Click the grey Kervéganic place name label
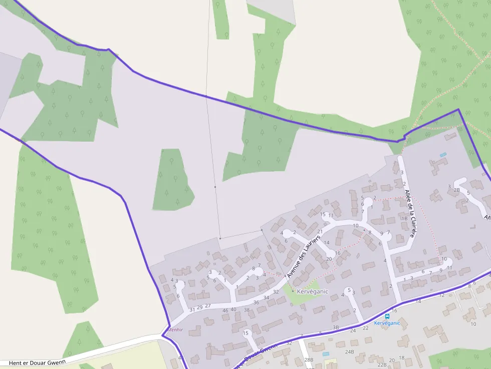[x=312, y=291]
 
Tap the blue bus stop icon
[x=387, y=316]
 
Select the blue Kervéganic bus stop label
[x=387, y=323]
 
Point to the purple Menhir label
[x=175, y=330]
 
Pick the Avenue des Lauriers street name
[x=304, y=257]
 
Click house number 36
[x=256, y=302]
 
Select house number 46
[x=225, y=310]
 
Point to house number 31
[x=192, y=309]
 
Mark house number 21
[x=320, y=231]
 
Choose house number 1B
[x=404, y=218]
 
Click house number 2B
[x=456, y=190]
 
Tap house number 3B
[x=336, y=327]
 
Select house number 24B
[x=349, y=352]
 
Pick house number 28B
[x=309, y=360]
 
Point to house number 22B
[x=382, y=364]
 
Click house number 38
[x=247, y=310]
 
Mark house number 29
[x=200, y=307]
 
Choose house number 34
[x=266, y=298]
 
